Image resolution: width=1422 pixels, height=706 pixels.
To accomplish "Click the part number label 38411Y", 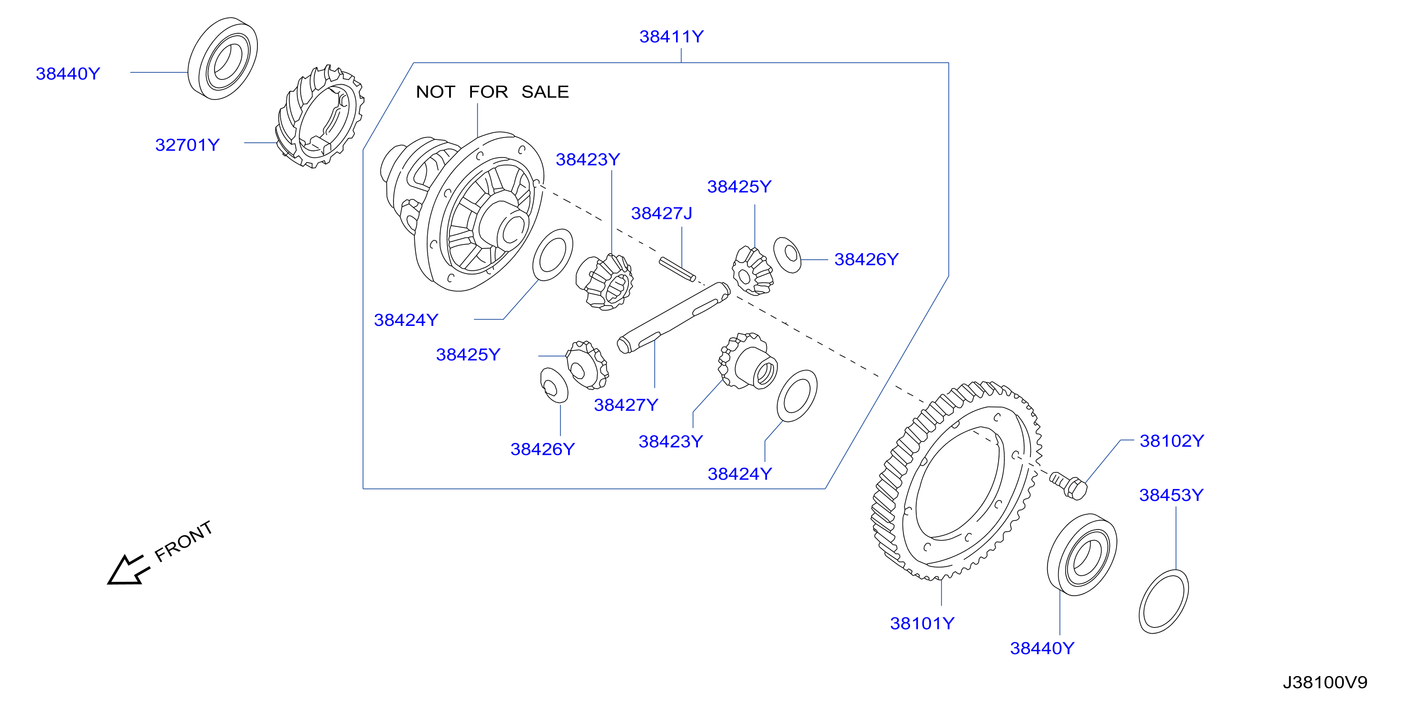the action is click(671, 37).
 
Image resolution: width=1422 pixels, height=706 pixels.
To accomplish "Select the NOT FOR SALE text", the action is click(492, 92).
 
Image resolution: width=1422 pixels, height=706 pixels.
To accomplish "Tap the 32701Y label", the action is click(187, 145).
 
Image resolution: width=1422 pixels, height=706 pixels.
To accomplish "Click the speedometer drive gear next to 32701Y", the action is click(320, 116).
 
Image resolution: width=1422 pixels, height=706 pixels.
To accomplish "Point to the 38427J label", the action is click(661, 213).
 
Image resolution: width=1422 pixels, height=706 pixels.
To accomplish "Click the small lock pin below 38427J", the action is click(677, 269).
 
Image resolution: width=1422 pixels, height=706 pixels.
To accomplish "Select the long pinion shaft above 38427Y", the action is click(674, 317).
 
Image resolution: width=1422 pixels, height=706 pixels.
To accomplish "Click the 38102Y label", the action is click(1171, 441).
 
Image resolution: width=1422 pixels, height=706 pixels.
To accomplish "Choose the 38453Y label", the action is click(1171, 495).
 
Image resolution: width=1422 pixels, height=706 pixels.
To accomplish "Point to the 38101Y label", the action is click(922, 623).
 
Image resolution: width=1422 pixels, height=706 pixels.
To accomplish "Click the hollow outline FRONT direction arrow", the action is click(128, 569).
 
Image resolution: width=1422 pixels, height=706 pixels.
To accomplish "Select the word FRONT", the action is click(183, 541).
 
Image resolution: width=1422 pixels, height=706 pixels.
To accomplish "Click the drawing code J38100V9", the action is click(1325, 682).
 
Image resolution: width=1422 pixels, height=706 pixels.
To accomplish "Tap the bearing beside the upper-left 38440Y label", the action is click(223, 59).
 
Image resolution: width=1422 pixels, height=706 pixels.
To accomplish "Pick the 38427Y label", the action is click(626, 404).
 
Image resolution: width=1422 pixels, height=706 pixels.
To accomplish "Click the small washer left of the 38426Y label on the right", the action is click(787, 255).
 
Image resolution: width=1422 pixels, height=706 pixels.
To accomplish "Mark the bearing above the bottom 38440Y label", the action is click(1082, 555).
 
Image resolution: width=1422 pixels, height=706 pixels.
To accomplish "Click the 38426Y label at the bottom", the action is click(542, 449).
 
